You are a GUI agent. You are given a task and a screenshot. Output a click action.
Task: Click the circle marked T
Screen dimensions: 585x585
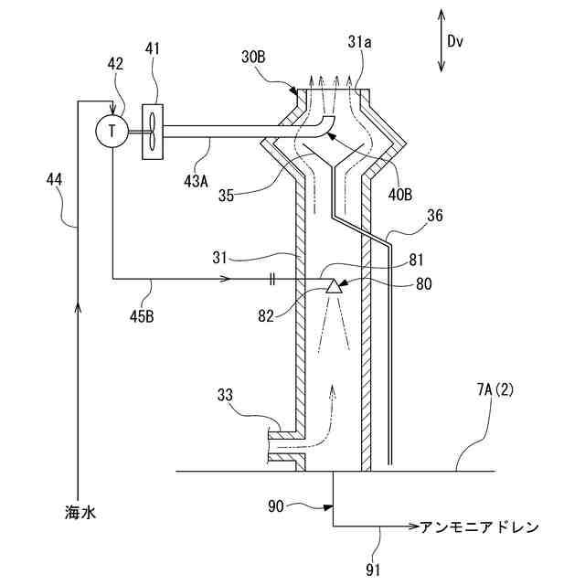pos(112,131)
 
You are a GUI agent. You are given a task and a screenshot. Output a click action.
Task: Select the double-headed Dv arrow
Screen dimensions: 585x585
pos(441,40)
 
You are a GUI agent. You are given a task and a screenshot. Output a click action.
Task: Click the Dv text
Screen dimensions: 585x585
pos(457,40)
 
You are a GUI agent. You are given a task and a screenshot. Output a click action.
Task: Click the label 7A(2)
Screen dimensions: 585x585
pos(494,389)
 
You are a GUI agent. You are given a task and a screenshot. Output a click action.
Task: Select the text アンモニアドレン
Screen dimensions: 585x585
pos(479,527)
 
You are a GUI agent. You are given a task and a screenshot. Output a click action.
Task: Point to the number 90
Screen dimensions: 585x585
pos(278,505)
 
